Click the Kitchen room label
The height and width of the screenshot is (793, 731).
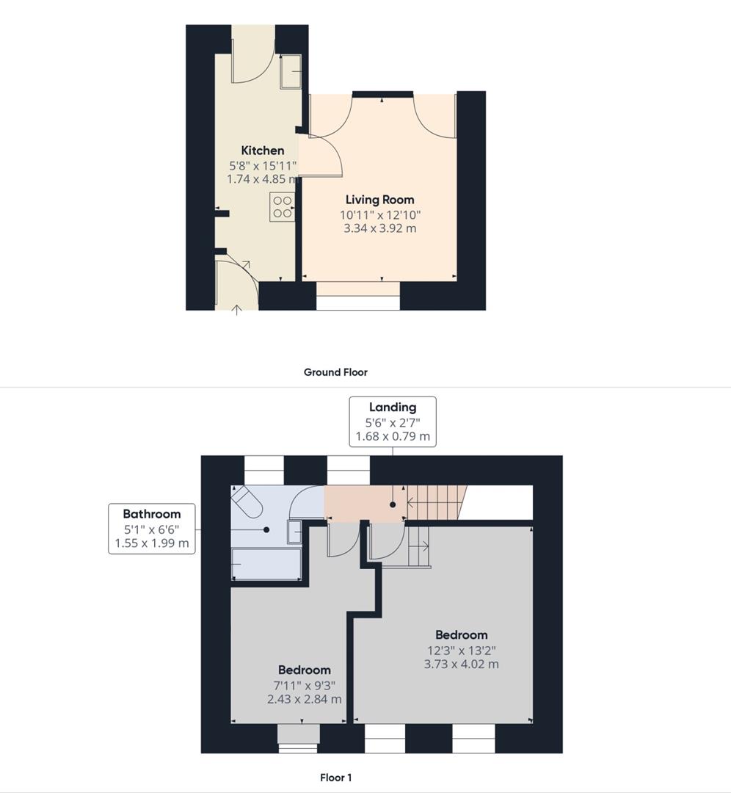(x=262, y=151)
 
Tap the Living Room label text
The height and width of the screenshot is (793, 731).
(x=379, y=200)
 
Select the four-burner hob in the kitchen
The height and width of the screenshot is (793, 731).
(x=282, y=206)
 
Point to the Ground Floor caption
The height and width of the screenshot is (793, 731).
(x=335, y=372)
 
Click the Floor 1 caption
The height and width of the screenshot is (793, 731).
(x=335, y=778)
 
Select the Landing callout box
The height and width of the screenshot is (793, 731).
(x=392, y=421)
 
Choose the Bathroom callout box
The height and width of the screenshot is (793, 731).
(x=152, y=529)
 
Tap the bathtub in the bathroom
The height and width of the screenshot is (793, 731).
(x=266, y=565)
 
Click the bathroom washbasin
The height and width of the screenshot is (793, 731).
(x=294, y=531)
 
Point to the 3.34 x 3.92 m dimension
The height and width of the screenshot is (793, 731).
(x=379, y=228)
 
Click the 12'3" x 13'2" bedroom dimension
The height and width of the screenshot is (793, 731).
(x=461, y=650)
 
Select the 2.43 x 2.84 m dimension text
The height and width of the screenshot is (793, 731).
(x=304, y=699)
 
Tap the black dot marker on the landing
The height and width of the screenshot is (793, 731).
(x=393, y=505)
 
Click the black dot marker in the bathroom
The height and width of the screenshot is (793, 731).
(x=266, y=529)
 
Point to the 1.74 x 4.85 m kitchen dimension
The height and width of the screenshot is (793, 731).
(x=262, y=178)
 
